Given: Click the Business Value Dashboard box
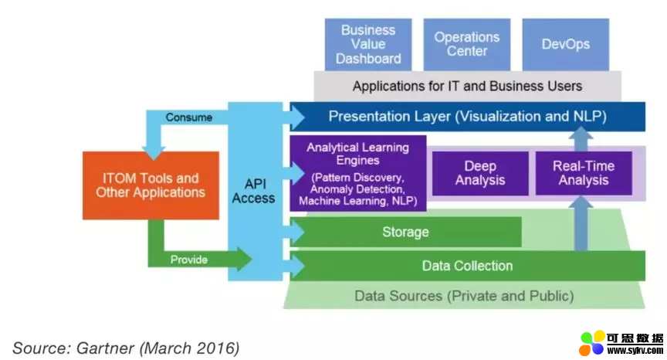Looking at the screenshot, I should click(x=368, y=44).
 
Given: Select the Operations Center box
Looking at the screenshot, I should click(x=466, y=44).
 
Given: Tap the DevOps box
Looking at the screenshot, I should click(x=565, y=44).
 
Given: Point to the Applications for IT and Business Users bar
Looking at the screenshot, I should click(x=467, y=86).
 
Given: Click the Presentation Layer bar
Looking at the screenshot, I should click(x=467, y=117).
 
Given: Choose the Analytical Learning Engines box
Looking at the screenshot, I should click(x=357, y=173).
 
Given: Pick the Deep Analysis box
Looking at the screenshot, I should click(x=479, y=173).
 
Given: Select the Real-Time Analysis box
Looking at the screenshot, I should click(x=583, y=173).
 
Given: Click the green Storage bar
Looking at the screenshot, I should click(x=405, y=232).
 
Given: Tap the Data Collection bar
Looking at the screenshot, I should click(x=467, y=266).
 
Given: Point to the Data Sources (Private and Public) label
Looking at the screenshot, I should click(x=464, y=295).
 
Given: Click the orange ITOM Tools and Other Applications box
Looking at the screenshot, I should click(x=151, y=185).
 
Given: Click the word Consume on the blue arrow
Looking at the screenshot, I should click(x=188, y=117).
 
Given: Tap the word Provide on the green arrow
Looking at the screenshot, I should click(x=189, y=260).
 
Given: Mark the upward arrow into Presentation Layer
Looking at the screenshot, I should click(x=582, y=137).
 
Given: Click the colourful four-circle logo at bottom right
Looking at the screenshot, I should click(x=592, y=343).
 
